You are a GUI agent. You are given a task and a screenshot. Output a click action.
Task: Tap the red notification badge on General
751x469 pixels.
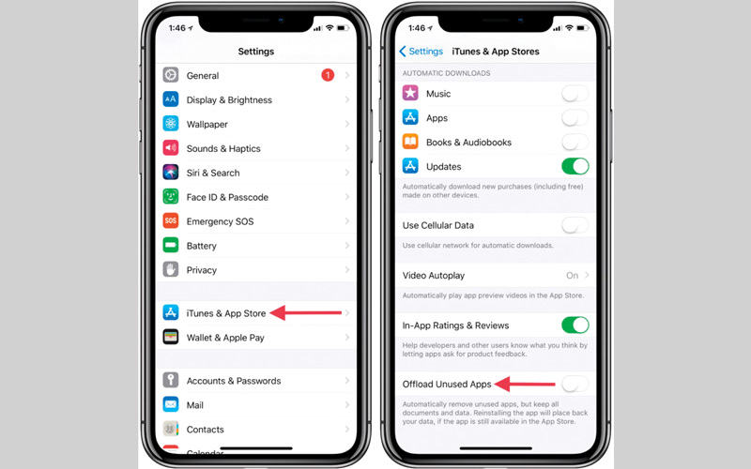click(328, 75)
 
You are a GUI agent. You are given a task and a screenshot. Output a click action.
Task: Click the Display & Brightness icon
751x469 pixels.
click(171, 99)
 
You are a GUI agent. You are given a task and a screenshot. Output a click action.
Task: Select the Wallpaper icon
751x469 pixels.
click(171, 124)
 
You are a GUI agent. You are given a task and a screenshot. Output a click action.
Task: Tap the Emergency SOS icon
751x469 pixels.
click(171, 220)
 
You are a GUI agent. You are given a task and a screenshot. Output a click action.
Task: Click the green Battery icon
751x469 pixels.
click(171, 245)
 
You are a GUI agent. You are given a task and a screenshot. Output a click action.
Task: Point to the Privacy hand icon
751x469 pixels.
click(171, 269)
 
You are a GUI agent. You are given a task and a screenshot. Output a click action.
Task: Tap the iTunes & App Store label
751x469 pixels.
click(226, 313)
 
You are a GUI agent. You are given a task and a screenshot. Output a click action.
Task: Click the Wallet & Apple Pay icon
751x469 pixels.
click(171, 337)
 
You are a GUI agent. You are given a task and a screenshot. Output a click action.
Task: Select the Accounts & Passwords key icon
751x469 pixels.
click(171, 380)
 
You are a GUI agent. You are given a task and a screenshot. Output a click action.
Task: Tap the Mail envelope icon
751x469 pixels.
click(171, 404)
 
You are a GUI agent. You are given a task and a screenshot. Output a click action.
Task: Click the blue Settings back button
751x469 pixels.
click(421, 52)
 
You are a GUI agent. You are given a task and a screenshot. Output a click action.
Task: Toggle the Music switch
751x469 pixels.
click(575, 93)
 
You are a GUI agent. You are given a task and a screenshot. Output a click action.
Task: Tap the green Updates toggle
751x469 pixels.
click(575, 166)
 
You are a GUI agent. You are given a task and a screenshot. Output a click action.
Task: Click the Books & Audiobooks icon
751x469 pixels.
click(410, 142)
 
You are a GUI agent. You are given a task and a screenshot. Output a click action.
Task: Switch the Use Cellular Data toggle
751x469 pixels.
click(575, 225)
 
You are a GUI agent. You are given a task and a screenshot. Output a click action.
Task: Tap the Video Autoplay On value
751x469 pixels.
click(572, 276)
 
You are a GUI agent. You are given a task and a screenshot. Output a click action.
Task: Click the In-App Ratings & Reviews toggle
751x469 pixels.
click(575, 325)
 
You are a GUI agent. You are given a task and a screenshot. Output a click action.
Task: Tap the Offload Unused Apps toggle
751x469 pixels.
click(575, 384)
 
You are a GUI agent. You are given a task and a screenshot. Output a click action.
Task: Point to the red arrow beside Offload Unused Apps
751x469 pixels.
click(525, 384)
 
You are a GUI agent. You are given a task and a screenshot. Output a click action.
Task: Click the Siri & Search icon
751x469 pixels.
click(171, 172)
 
